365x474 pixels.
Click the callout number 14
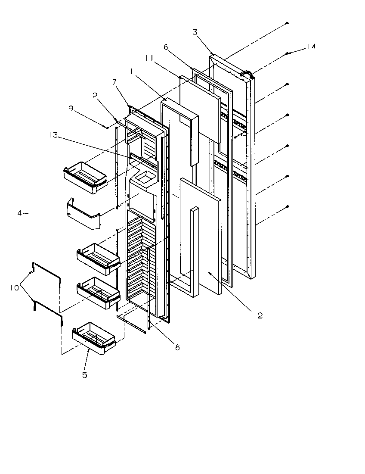pos(312,47)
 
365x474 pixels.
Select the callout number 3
pos(195,32)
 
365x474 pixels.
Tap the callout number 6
pos(166,47)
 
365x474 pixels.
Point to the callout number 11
pos(150,57)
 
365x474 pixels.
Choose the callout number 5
pos(85,375)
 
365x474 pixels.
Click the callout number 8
pos(177,347)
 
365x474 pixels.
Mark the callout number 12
pos(258,315)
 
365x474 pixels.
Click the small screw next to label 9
pos(106,128)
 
